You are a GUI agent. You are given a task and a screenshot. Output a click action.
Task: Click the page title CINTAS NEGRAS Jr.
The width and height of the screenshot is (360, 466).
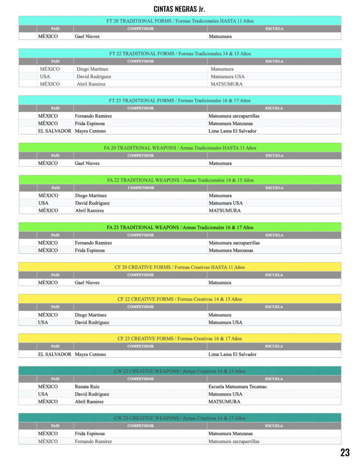tap(179, 9)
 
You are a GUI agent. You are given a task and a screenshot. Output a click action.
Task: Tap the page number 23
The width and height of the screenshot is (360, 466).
tap(345, 452)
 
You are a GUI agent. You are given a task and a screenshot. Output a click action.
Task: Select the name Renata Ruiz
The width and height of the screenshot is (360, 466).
tap(87, 387)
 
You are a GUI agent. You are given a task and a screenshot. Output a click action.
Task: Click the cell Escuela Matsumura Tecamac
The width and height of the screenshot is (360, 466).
tap(238, 387)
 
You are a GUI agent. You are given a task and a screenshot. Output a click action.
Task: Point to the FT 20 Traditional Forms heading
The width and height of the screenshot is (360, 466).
tap(180, 21)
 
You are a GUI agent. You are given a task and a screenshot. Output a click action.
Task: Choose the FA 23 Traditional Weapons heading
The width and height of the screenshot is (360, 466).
tap(180, 227)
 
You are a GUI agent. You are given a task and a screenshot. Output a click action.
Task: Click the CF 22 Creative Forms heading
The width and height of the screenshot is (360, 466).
tap(180, 299)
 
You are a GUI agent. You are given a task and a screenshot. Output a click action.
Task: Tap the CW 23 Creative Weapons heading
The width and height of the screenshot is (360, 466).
tap(180, 418)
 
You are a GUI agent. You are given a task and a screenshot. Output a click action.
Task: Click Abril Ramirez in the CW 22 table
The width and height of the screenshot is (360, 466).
tap(89, 402)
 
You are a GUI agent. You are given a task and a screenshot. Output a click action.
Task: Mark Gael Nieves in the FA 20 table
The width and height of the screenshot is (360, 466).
tap(87, 163)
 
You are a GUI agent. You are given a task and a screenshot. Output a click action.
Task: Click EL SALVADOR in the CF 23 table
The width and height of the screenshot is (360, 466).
tap(55, 354)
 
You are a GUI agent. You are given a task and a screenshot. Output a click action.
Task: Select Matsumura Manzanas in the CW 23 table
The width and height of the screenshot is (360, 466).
tap(230, 434)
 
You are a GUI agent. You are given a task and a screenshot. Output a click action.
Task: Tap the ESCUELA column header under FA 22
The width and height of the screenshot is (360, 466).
tap(274, 187)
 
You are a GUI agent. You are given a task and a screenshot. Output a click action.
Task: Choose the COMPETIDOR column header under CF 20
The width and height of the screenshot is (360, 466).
tap(141, 275)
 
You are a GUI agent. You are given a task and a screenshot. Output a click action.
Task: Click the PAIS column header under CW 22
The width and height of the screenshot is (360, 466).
tap(55, 379)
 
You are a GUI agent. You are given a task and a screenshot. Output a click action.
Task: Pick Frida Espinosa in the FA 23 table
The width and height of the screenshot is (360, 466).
tap(90, 250)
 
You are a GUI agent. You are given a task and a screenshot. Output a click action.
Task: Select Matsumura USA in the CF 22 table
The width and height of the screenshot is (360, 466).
tap(225, 322)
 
